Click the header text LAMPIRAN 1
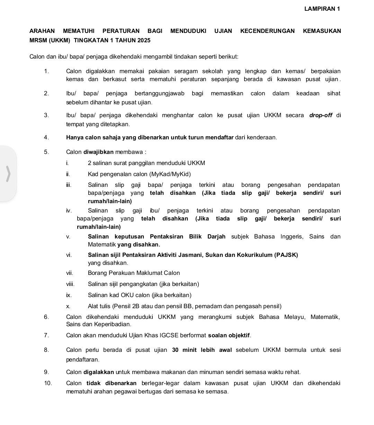tap(322, 9)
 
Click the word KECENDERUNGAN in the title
tap(267, 31)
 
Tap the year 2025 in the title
tap(144, 41)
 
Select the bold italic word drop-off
tap(321, 115)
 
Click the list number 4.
tap(46, 138)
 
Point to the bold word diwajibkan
tap(99, 152)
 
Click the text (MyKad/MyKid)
tap(170, 174)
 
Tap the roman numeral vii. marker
tap(70, 273)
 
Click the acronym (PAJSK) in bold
tap(286, 255)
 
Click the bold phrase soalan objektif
tap(229, 336)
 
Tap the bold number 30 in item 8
tap(175, 350)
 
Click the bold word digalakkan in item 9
tap(99, 372)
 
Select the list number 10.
tap(48, 383)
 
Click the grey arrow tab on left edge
tap(8, 173)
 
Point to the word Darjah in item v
tap(216, 237)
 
